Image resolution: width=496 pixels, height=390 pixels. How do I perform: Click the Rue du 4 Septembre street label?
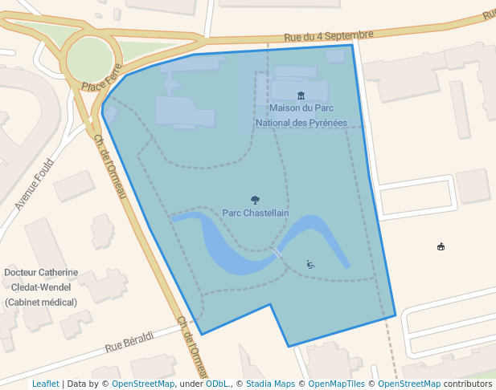(x=329, y=35)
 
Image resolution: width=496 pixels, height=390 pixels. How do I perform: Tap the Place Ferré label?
(x=100, y=79)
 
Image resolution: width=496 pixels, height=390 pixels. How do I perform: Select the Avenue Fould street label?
(x=33, y=184)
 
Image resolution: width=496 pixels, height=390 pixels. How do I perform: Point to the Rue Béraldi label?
(x=129, y=342)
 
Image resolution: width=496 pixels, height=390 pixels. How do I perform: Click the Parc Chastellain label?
(x=255, y=213)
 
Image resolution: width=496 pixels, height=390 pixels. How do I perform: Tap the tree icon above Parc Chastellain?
(x=255, y=200)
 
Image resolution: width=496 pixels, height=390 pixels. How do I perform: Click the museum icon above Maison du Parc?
(x=301, y=95)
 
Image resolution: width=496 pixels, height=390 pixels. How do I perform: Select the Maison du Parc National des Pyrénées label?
(x=301, y=115)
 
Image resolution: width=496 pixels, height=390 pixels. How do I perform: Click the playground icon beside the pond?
(x=311, y=263)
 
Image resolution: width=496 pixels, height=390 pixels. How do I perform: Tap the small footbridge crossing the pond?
(x=277, y=253)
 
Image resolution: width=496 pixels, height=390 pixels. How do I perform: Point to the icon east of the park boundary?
(x=441, y=246)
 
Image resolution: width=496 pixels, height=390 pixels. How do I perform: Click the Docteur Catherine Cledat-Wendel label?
(x=41, y=286)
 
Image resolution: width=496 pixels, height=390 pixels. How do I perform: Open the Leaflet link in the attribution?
(x=45, y=384)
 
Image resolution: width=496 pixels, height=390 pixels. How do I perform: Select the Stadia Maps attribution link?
(x=270, y=384)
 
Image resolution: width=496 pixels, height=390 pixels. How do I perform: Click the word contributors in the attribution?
(x=467, y=384)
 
